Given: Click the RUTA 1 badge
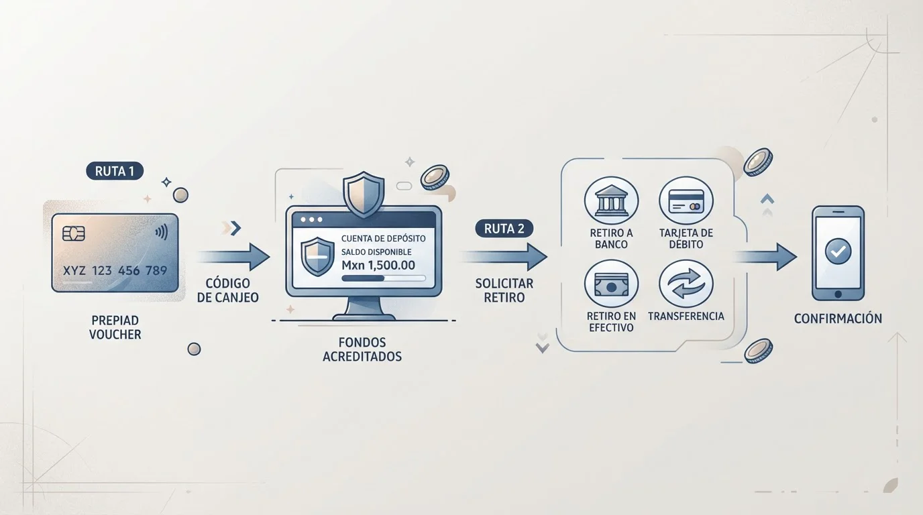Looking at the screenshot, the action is coord(115,171).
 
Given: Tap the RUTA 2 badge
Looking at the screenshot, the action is coord(504,229).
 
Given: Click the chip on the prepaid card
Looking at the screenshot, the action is coord(74,233).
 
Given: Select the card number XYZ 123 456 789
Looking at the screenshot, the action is coord(115,271).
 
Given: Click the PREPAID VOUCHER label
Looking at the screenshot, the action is coord(115,327).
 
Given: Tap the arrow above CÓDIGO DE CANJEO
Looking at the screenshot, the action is coord(233,257).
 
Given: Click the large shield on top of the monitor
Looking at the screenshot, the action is coord(364,194).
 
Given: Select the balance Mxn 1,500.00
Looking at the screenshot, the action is coord(378,265).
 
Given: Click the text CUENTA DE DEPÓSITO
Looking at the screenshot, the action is coord(383,239).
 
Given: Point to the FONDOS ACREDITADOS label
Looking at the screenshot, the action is coord(362,349).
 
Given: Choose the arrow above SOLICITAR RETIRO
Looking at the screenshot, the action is coord(504,257).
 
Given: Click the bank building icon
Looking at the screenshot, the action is coord(611,201).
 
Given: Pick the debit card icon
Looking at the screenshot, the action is coord(686,201).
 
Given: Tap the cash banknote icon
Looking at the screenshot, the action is coord(611,284).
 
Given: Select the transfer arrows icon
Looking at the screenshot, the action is coord(686,284).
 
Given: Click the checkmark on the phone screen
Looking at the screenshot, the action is coord(838,251).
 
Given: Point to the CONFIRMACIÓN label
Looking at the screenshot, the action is coord(838,319).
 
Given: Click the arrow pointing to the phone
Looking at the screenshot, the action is coord(766,257).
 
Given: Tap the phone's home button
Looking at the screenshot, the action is coord(838,294).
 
